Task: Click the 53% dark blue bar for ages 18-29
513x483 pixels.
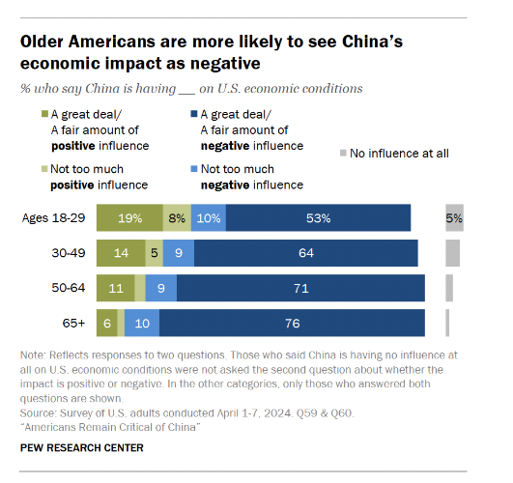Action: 319,218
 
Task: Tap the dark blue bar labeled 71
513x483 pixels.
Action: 301,287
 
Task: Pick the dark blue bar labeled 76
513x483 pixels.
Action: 293,322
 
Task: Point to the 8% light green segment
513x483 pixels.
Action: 177,218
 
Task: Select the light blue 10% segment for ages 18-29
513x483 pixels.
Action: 209,218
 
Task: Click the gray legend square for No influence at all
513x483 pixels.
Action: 344,153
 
